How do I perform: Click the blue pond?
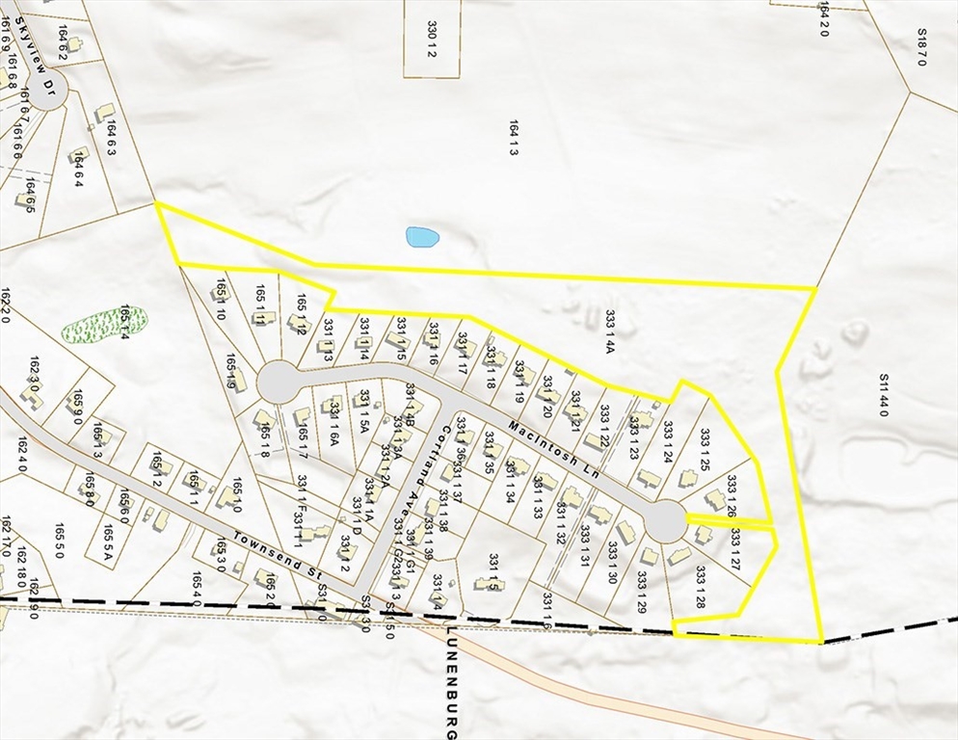[422, 236]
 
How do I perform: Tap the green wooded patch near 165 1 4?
[103, 325]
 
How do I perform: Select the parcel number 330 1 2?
[433, 37]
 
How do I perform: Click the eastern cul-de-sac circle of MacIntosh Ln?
[665, 521]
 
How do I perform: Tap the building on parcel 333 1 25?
[687, 478]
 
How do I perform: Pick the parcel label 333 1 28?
[700, 587]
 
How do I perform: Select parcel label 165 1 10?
[220, 300]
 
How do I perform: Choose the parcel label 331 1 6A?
[333, 425]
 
